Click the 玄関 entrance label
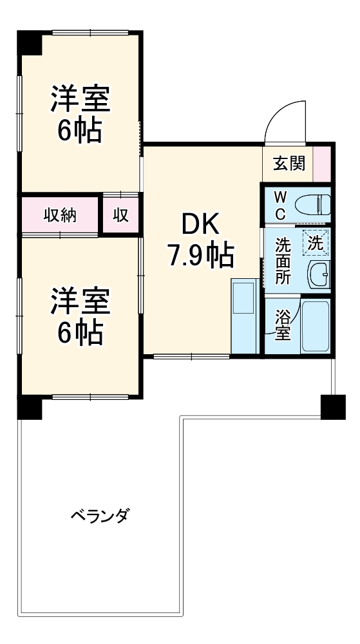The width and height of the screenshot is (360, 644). point(288,164)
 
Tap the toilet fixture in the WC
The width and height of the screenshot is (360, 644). point(312,205)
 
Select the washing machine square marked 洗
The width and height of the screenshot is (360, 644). point(315,243)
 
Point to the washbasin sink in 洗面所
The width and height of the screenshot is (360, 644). point(318,276)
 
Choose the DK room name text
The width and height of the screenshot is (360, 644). point(200,225)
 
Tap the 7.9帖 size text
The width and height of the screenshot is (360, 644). point(200,256)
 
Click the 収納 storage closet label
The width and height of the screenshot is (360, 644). point(60,215)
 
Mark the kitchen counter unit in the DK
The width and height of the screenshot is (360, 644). point(244,316)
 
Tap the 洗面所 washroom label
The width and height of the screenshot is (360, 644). point(283,261)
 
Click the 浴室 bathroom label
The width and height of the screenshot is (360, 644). point(282,325)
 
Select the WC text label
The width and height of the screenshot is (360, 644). point(281,205)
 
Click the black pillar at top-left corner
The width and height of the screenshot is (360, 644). point(29,43)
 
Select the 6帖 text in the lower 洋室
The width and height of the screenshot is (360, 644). point(80,332)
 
